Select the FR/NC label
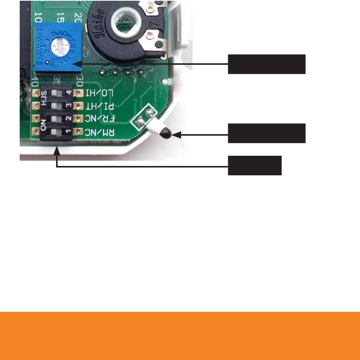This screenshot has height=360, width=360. coord(100,119)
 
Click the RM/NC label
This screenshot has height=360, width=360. coord(100,132)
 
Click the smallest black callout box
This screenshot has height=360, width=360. coord(254,165)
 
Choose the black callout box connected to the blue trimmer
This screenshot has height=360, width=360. coord(266,64)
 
